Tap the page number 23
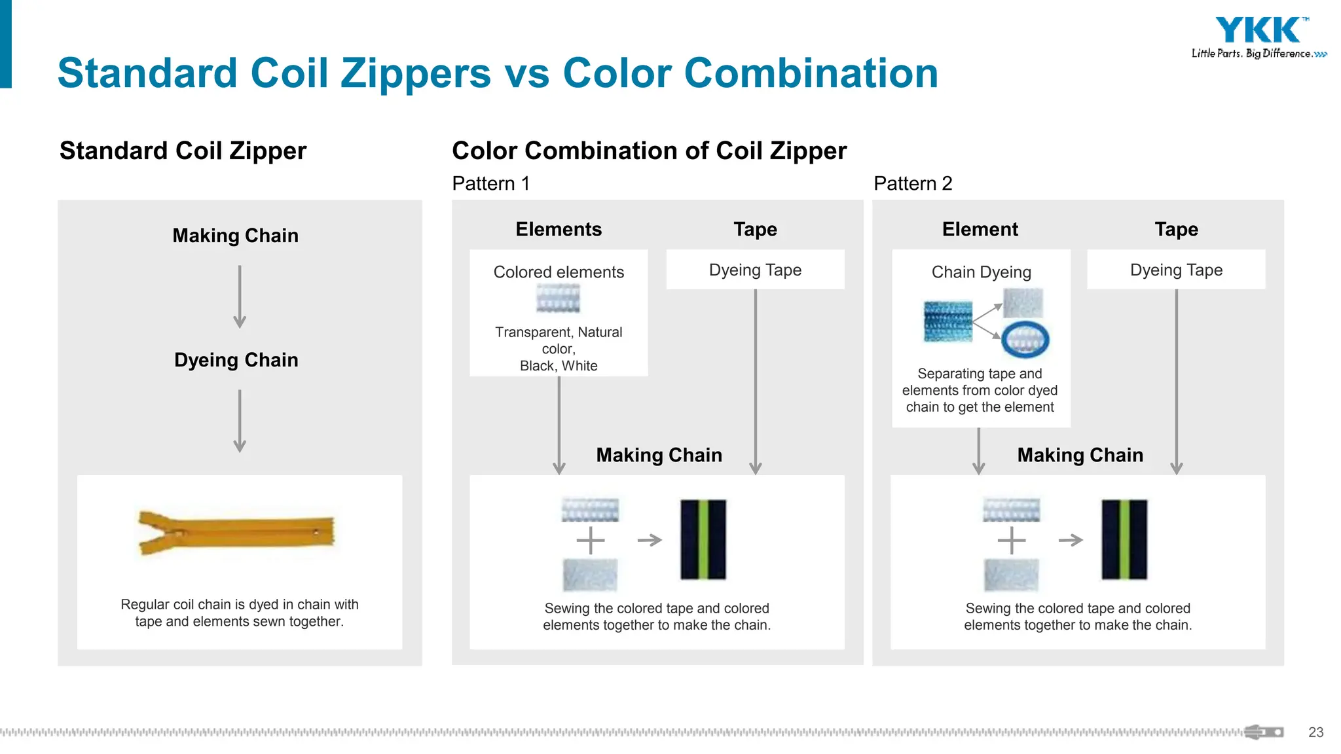[x=1315, y=732]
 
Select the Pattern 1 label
[x=490, y=183]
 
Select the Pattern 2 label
[x=913, y=183]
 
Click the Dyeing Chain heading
[x=236, y=360]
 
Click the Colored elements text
[x=559, y=272]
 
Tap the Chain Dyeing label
[x=981, y=272]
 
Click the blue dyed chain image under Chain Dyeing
[x=947, y=321]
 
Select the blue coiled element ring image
[x=1025, y=339]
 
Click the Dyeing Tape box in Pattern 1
[x=755, y=270]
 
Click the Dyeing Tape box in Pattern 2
[x=1176, y=270]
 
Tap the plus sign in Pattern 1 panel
[x=591, y=541]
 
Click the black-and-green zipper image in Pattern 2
[x=1124, y=539]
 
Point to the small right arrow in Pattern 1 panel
[x=650, y=540]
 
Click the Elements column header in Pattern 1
[x=559, y=229]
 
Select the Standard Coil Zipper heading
[x=183, y=151]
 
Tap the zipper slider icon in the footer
[x=1264, y=732]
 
